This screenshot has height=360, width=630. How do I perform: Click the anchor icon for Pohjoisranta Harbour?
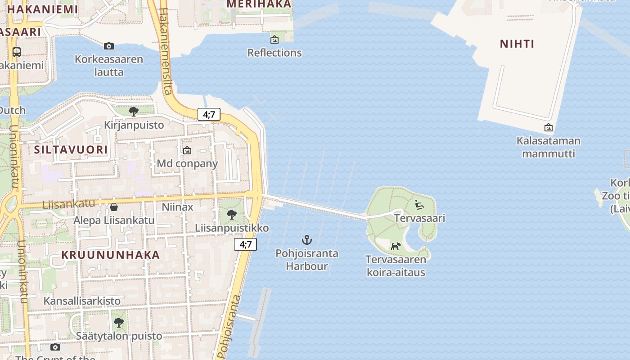click(306, 240)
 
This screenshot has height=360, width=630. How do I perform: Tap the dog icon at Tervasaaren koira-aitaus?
click(396, 246)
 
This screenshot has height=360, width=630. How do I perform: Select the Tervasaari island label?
click(419, 218)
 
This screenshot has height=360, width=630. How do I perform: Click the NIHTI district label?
click(517, 44)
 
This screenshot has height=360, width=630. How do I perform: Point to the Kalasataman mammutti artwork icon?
click(548, 128)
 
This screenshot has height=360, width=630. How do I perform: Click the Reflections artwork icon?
click(274, 40)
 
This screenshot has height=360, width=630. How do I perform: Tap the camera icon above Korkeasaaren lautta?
click(108, 46)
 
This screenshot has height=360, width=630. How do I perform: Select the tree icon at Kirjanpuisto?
click(133, 112)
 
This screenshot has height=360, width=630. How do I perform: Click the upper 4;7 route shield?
click(209, 114)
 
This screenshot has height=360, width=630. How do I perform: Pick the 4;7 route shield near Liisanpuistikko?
click(245, 244)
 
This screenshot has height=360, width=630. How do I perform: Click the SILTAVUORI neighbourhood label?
click(71, 149)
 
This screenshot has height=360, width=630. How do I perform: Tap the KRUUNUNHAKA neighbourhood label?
click(111, 255)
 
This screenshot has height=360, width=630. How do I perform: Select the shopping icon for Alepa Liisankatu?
click(114, 207)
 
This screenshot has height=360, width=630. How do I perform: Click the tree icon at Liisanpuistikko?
click(232, 215)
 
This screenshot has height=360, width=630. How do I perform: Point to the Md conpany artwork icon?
click(187, 150)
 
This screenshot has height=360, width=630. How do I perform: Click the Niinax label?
click(177, 207)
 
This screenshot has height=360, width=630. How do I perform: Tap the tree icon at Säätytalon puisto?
click(118, 323)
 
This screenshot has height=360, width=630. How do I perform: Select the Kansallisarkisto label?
click(82, 301)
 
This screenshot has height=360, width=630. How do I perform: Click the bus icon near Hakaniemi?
click(17, 52)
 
